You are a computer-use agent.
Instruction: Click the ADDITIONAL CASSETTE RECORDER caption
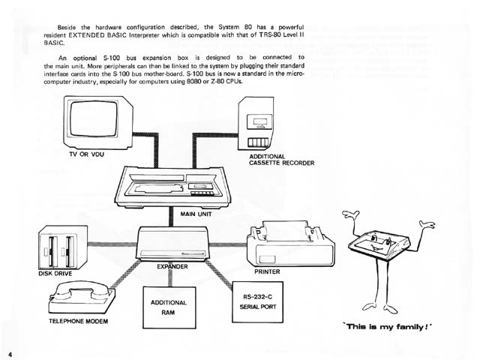coord(281,160)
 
